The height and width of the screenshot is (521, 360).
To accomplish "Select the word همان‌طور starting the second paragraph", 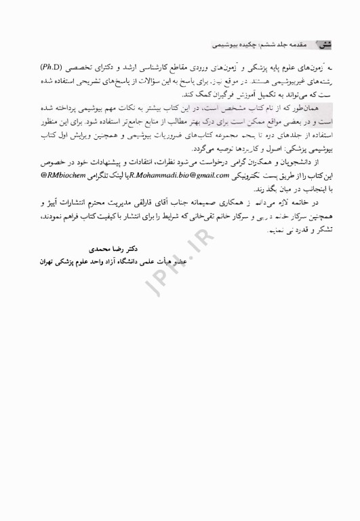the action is (316, 107).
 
